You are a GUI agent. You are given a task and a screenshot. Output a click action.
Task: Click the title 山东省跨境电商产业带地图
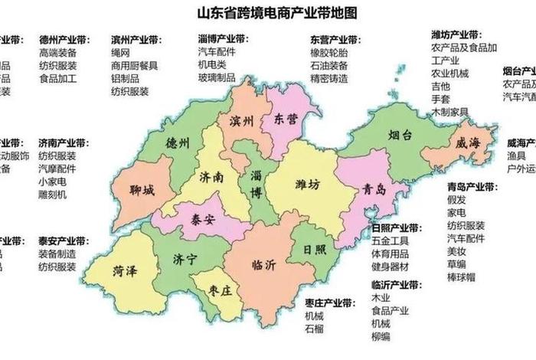click(x=268, y=14)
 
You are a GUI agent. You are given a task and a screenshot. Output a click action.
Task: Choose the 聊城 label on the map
click(x=142, y=189)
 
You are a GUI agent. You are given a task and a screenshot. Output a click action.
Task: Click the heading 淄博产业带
click(x=223, y=38)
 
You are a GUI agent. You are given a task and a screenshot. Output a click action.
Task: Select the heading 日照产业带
click(x=396, y=227)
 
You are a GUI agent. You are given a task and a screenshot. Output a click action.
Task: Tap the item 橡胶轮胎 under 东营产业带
click(x=328, y=52)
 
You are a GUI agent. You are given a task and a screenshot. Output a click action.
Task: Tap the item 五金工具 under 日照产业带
click(x=390, y=241)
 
